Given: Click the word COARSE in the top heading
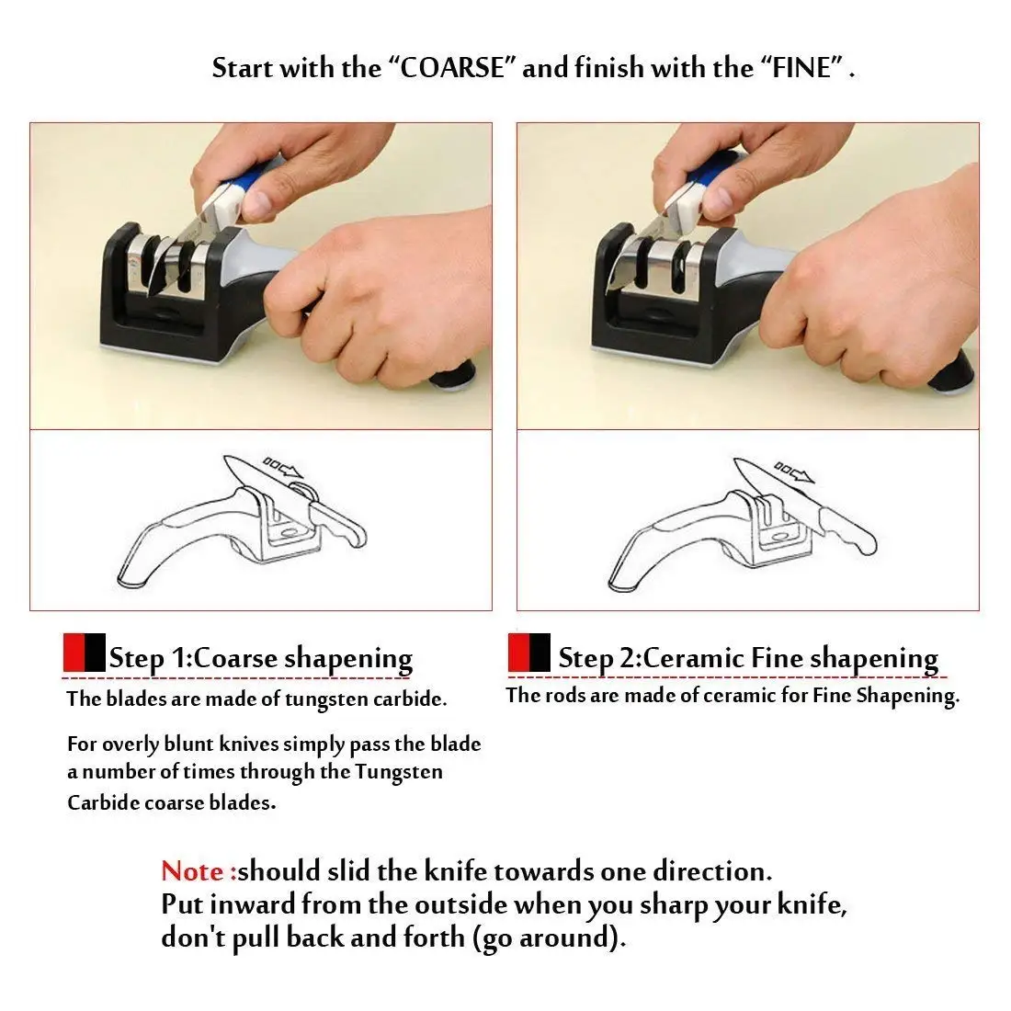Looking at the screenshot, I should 454,69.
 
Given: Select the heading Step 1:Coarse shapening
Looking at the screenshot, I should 260,659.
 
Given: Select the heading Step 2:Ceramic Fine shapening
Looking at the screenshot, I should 748,658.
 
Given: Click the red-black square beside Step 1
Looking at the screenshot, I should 84,652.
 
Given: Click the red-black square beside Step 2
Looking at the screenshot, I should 529,652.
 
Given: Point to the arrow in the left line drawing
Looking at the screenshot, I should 284,467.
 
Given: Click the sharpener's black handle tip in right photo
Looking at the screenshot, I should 952,376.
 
